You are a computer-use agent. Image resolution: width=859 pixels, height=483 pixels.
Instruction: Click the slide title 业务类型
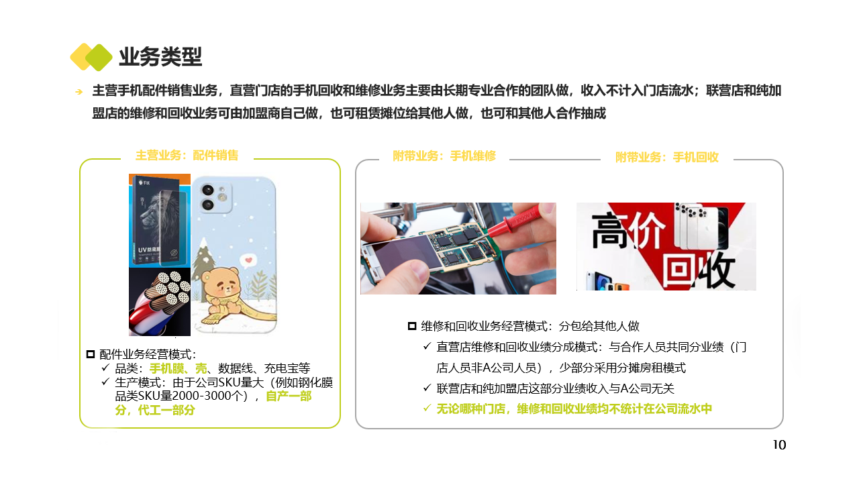point(160,57)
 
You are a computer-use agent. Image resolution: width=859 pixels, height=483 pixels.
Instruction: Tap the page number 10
point(779,445)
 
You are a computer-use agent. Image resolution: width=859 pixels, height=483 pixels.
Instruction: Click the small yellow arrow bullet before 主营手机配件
point(79,92)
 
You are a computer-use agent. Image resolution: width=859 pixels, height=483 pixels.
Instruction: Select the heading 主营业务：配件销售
point(187,155)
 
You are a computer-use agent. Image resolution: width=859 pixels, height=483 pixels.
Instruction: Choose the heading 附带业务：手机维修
point(444,156)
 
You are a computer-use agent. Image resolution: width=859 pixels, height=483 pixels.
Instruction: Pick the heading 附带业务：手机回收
point(667,157)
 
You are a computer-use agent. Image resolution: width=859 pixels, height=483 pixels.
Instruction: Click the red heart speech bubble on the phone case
point(248,261)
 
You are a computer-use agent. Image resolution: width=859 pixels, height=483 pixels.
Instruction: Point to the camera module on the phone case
point(213,197)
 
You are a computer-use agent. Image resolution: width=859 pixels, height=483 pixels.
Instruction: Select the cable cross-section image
point(160,302)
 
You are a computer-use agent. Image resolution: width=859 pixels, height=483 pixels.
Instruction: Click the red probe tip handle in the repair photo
point(517,222)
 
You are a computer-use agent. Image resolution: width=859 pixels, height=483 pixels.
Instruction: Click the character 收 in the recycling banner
point(716,270)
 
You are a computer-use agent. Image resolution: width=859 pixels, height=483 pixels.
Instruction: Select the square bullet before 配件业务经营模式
point(91,354)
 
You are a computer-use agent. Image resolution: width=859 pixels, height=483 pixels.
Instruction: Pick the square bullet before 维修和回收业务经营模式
point(412,326)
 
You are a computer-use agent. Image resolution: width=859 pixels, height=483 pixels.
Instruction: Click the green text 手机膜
point(166,368)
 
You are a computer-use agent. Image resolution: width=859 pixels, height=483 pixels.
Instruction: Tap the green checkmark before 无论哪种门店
point(427,408)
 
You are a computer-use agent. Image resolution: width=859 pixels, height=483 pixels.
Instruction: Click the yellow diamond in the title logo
point(82,57)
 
